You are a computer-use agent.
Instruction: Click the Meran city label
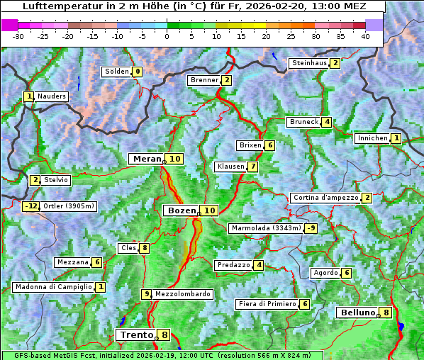pyautogui.click(x=147, y=159)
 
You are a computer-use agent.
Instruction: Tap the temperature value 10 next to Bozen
pyautogui.click(x=209, y=210)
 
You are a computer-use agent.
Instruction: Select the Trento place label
pyautogui.click(x=136, y=334)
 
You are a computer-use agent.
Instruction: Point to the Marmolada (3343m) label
pyautogui.click(x=265, y=228)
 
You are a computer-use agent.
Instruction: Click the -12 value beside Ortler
pyautogui.click(x=30, y=206)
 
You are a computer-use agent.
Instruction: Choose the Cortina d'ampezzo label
pyautogui.click(x=325, y=198)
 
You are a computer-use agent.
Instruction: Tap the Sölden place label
pyautogui.click(x=117, y=72)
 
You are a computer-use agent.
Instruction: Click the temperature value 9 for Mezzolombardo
pyautogui.click(x=147, y=294)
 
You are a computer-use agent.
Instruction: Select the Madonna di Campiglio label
pyautogui.click(x=53, y=287)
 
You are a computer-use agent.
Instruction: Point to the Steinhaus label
pyautogui.click(x=309, y=63)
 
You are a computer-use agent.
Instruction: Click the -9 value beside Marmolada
pyautogui.click(x=311, y=228)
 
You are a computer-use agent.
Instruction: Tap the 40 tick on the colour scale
pyautogui.click(x=365, y=36)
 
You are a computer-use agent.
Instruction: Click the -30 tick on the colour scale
pyautogui.click(x=18, y=36)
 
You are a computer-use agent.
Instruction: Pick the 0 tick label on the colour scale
pyautogui.click(x=167, y=36)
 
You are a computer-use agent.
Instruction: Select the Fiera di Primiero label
pyautogui.click(x=267, y=304)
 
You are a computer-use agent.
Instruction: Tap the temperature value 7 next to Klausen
pyautogui.click(x=252, y=167)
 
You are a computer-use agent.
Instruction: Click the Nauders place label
pyautogui.click(x=51, y=96)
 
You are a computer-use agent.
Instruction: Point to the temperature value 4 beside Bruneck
pyautogui.click(x=326, y=122)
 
